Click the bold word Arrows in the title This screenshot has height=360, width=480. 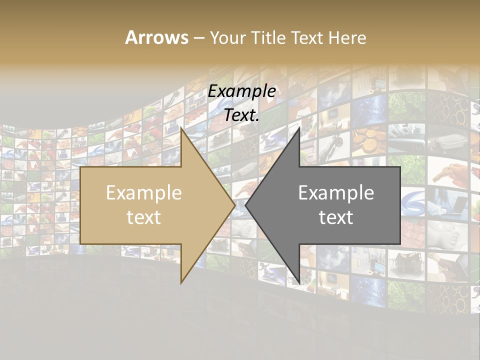[157, 37]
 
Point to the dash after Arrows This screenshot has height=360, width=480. [198, 38]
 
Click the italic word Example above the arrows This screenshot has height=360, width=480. [242, 91]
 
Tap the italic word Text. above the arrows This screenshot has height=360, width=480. [242, 115]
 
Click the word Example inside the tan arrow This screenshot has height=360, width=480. [144, 192]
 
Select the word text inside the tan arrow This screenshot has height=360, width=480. [144, 217]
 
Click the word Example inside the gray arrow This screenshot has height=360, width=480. [336, 192]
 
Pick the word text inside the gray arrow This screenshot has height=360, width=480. [336, 217]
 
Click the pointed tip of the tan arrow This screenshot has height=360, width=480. [235, 205]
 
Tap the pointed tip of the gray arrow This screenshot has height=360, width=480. [245, 205]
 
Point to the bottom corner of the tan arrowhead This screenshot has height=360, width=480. [181, 283]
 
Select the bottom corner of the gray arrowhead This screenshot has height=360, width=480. [299, 283]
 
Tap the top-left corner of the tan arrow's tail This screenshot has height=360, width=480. [80, 167]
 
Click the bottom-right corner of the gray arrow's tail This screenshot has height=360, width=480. [400, 244]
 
